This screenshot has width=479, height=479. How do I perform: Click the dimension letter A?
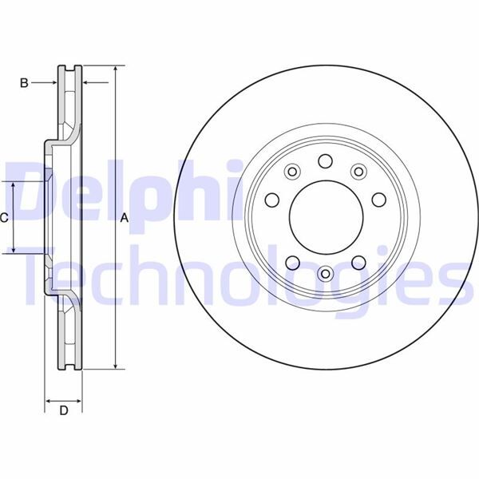(124, 218)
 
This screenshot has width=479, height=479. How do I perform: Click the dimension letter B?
(24, 83)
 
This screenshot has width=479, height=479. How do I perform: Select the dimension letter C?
(4, 218)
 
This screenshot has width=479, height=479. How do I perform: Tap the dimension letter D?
(64, 411)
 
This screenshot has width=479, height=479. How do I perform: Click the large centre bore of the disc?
(327, 217)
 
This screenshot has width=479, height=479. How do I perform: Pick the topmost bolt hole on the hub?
(326, 161)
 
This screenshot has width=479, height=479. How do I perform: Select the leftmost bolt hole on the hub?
(272, 200)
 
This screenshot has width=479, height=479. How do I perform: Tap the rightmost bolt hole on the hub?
(379, 200)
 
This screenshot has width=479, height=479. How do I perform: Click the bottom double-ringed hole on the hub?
(326, 273)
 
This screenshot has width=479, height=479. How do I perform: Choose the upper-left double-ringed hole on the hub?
(292, 172)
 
